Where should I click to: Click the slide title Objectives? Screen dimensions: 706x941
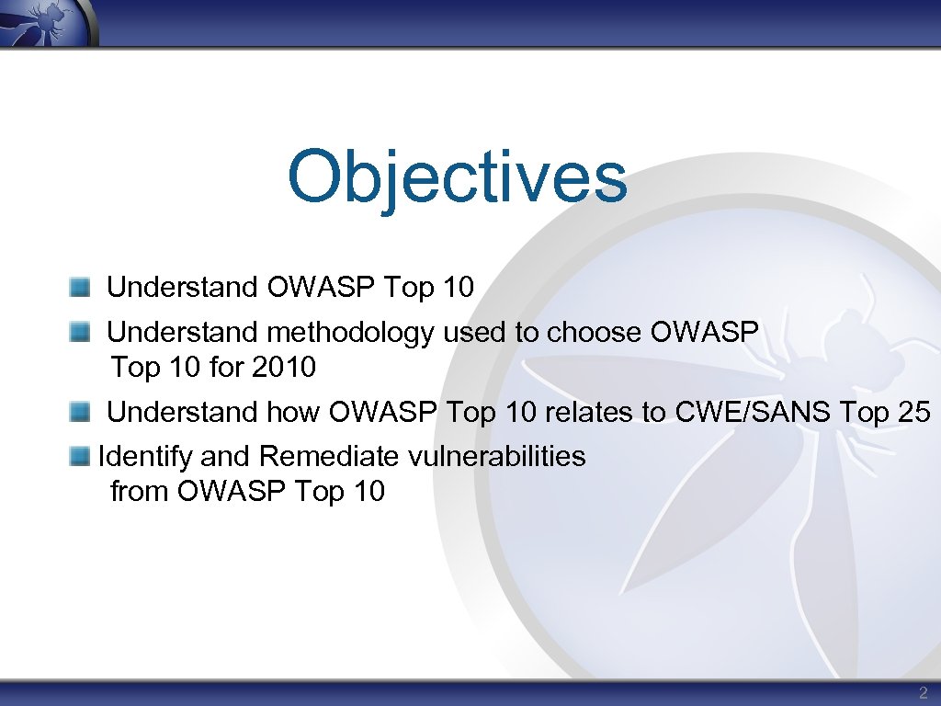457,176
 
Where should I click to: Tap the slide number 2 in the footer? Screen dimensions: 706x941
923,693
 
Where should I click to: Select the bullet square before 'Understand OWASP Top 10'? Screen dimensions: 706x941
81,288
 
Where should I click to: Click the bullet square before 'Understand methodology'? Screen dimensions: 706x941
81,332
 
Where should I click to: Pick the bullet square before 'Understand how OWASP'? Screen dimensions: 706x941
81,412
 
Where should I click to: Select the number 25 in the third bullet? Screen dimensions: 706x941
913,412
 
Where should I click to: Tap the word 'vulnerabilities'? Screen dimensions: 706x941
497,456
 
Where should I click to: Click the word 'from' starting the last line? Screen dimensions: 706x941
140,492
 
